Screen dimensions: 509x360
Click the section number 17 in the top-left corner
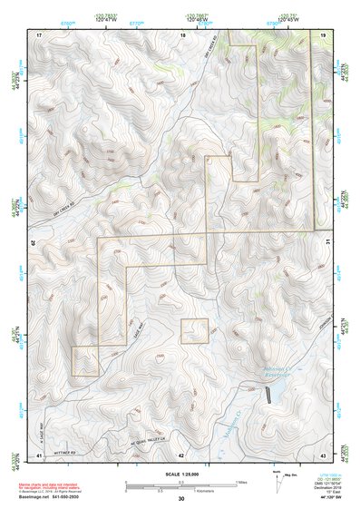pos(39,34)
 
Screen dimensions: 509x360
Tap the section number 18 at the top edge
pos(182,34)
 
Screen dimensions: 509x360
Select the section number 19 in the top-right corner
pos(323,34)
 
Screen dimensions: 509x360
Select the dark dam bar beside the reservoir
pos(268,394)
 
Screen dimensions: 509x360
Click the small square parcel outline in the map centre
pos(195,331)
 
